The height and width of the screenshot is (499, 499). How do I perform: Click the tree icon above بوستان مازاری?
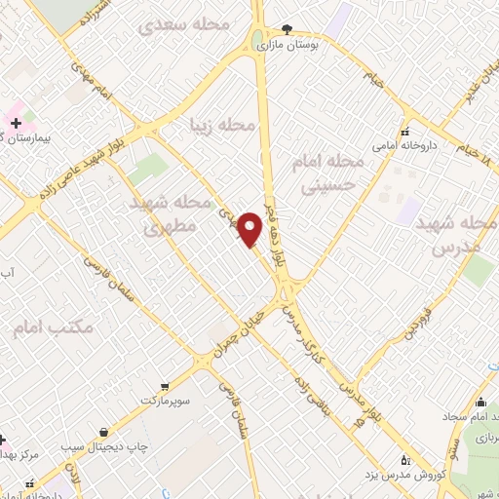tap(286, 29)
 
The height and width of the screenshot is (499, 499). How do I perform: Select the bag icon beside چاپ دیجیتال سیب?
tap(102, 432)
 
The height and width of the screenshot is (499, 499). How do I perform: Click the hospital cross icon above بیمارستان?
tap(16, 123)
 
